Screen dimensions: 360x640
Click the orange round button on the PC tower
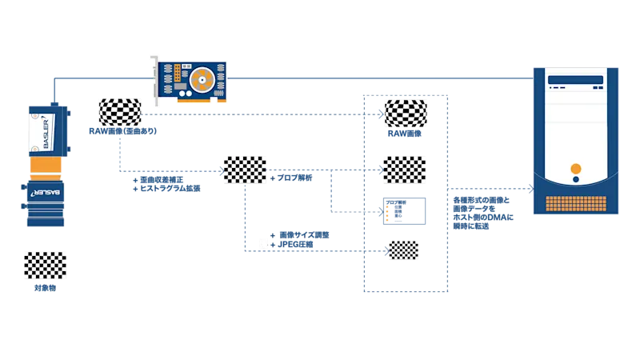575,168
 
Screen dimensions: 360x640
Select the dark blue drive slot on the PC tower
575,79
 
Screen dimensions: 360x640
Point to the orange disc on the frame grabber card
202,78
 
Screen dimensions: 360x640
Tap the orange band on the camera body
45,166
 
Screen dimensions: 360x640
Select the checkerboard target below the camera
45,266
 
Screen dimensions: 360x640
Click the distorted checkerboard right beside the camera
118,111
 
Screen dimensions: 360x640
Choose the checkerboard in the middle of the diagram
246,169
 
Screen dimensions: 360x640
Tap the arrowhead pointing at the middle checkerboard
221,170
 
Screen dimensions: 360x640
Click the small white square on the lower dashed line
262,244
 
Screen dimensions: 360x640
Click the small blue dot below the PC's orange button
575,182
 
